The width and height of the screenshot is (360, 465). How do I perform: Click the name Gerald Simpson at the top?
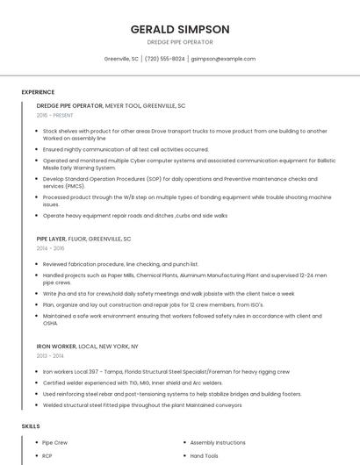point(179,29)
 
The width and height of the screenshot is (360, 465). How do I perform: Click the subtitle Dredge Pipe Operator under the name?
point(179,42)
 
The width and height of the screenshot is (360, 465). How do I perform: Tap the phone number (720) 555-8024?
point(165,59)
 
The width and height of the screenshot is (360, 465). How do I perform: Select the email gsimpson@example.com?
point(223,59)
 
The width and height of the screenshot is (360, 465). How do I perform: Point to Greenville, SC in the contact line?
point(121,59)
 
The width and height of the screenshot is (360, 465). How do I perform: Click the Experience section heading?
point(38,92)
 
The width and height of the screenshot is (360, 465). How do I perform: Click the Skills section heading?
point(31,426)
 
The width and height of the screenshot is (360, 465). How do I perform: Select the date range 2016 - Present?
point(54,115)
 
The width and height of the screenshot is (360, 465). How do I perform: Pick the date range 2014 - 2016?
point(51,248)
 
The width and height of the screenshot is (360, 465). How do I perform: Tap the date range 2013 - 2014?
point(51,356)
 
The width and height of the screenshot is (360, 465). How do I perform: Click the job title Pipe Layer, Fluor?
point(83,239)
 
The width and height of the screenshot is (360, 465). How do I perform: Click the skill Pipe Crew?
point(55,443)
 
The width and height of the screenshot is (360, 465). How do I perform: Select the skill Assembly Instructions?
point(218,443)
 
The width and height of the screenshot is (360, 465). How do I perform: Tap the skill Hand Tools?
point(205,456)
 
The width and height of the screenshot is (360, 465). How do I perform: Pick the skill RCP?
point(48,456)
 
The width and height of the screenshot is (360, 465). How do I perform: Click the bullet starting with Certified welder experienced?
point(133,383)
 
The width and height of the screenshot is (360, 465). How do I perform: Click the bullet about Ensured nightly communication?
point(126,149)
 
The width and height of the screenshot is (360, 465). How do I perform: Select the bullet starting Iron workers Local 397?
point(165,371)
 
